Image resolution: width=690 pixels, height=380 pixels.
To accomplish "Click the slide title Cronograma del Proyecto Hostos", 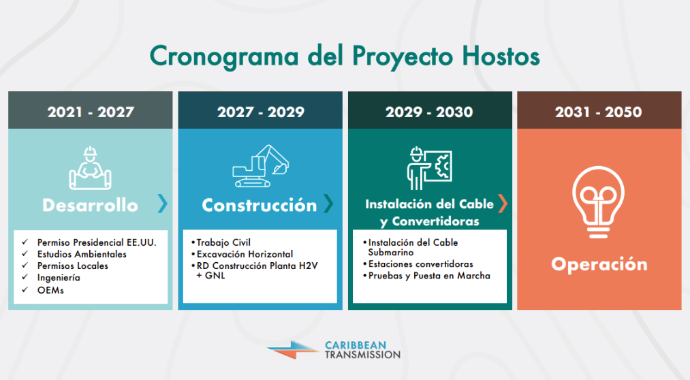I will pyautogui.click(x=345, y=56).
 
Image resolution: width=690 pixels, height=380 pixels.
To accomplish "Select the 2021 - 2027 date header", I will pyautogui.click(x=91, y=112).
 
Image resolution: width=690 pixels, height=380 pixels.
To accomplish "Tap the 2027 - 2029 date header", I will pyautogui.click(x=260, y=112).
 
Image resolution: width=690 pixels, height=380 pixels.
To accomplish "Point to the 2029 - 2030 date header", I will pyautogui.click(x=429, y=112).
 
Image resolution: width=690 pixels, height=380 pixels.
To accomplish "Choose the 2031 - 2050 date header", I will pyautogui.click(x=598, y=112).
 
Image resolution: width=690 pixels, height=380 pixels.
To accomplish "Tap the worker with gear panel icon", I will pyautogui.click(x=429, y=168).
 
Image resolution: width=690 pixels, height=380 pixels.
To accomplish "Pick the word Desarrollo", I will pyautogui.click(x=90, y=205).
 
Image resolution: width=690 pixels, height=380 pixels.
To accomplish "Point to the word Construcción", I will pyautogui.click(x=260, y=205).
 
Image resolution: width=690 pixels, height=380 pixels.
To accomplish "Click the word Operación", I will pyautogui.click(x=599, y=264).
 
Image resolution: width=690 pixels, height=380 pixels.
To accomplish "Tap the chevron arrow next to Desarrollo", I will pyautogui.click(x=162, y=204).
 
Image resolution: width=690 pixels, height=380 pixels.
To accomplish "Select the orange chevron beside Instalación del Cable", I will pyautogui.click(x=502, y=203).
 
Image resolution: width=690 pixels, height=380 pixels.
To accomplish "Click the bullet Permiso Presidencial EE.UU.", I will pyautogui.click(x=97, y=242).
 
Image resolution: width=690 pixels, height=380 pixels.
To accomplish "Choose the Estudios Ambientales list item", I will pyautogui.click(x=82, y=254).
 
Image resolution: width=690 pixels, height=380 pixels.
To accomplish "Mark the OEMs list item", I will pyautogui.click(x=50, y=289).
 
